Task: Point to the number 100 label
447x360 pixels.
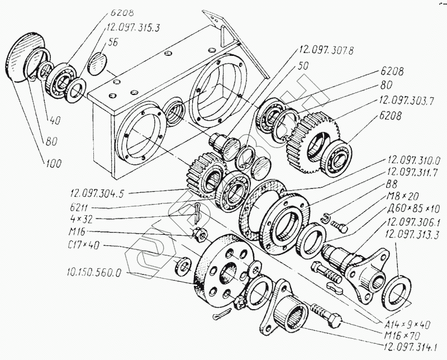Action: point(54,163)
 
